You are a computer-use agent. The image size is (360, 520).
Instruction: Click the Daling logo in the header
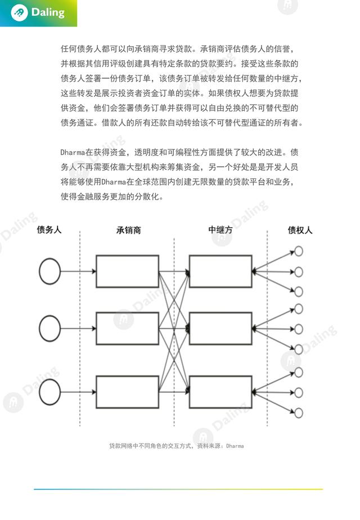tap(38, 13)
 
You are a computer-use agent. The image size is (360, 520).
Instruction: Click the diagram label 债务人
tap(49, 230)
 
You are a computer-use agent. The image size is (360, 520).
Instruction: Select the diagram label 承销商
tap(129, 230)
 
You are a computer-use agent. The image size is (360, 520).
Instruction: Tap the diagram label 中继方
tap(220, 230)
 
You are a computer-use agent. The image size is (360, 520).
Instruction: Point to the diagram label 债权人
tap(300, 230)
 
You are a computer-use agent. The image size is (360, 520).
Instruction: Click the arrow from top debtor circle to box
tap(78, 271)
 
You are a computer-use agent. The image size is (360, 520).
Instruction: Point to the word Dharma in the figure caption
tap(235, 446)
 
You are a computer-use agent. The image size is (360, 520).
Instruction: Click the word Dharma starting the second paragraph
tap(73, 153)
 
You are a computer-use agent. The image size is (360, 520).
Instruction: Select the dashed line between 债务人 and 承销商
tap(80, 328)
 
